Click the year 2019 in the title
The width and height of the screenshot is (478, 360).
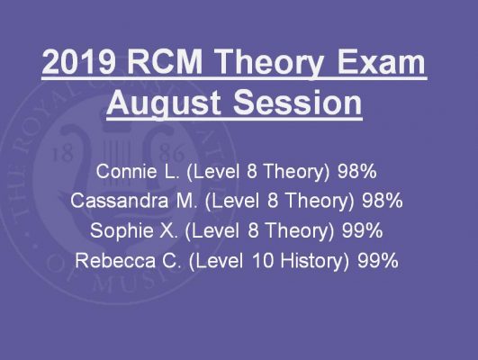[x=78, y=62]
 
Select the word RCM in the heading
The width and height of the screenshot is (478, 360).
[x=165, y=62]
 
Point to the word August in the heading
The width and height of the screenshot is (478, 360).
[x=163, y=103]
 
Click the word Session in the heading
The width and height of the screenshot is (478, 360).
[x=298, y=102]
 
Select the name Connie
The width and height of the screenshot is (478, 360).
[x=126, y=171]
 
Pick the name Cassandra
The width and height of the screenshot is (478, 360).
[x=119, y=201]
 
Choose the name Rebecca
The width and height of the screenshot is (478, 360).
[x=115, y=261]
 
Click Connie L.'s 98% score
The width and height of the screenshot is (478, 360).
[x=357, y=171]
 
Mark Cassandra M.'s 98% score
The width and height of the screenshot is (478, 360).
[x=383, y=201]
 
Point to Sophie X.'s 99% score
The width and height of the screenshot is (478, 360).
[x=362, y=230]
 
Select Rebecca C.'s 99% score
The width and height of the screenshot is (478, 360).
[x=378, y=261]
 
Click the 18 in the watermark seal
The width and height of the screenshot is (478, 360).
[x=63, y=154]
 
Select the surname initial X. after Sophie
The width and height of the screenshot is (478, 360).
[x=167, y=230]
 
